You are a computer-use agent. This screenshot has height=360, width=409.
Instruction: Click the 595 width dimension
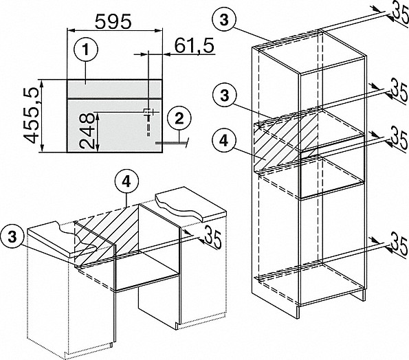pos(113,21)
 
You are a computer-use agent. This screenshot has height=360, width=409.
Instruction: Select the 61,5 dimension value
pos(195,46)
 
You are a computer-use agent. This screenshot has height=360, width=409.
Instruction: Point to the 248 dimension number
pos(87,131)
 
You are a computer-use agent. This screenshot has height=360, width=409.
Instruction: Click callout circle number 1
pos(86,49)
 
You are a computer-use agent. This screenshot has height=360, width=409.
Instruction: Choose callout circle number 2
pos(179,119)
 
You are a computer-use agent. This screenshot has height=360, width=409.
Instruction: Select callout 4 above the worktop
pos(126,183)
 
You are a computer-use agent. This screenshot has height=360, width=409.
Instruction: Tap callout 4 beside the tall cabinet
pos(224,141)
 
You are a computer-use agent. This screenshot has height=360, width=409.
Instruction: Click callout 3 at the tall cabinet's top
pos(224,19)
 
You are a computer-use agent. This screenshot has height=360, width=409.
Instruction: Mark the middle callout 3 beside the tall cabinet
pos(224,95)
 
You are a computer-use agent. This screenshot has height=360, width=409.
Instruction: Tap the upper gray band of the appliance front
pos(115,89)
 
